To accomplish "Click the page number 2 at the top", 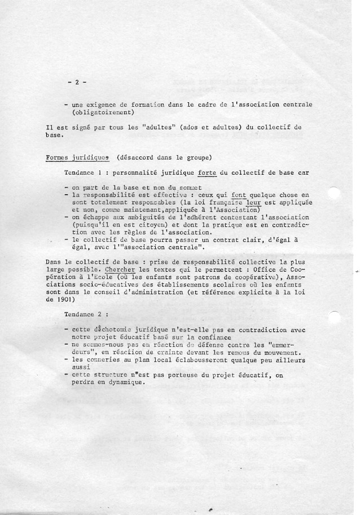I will pos(76,82).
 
